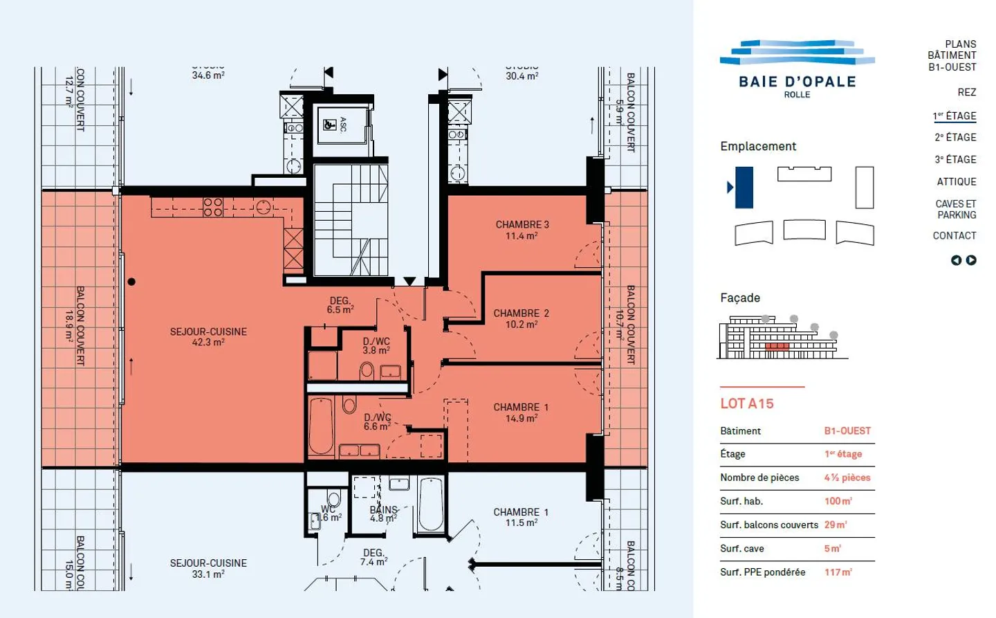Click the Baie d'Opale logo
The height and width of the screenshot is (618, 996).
(797, 69)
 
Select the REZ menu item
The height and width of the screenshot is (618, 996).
(966, 92)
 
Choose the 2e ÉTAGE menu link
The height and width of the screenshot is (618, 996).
(955, 138)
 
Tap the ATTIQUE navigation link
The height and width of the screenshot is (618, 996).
(956, 182)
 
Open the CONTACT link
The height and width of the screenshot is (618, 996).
(954, 236)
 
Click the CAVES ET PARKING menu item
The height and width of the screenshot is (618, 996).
(955, 210)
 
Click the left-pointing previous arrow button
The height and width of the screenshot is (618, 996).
(956, 260)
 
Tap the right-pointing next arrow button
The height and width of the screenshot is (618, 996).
(971, 260)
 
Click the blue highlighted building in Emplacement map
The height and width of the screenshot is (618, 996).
(744, 188)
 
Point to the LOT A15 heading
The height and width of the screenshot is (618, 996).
(747, 403)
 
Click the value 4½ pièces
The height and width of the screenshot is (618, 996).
(847, 478)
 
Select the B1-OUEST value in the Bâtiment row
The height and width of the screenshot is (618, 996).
(847, 430)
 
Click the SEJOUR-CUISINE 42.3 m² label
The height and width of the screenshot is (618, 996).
(208, 337)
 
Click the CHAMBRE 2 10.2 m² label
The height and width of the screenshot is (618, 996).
(521, 318)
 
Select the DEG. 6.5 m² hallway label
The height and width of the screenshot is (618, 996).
(340, 305)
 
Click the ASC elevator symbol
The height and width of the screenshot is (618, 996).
(331, 125)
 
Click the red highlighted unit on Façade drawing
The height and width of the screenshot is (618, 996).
(777, 346)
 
